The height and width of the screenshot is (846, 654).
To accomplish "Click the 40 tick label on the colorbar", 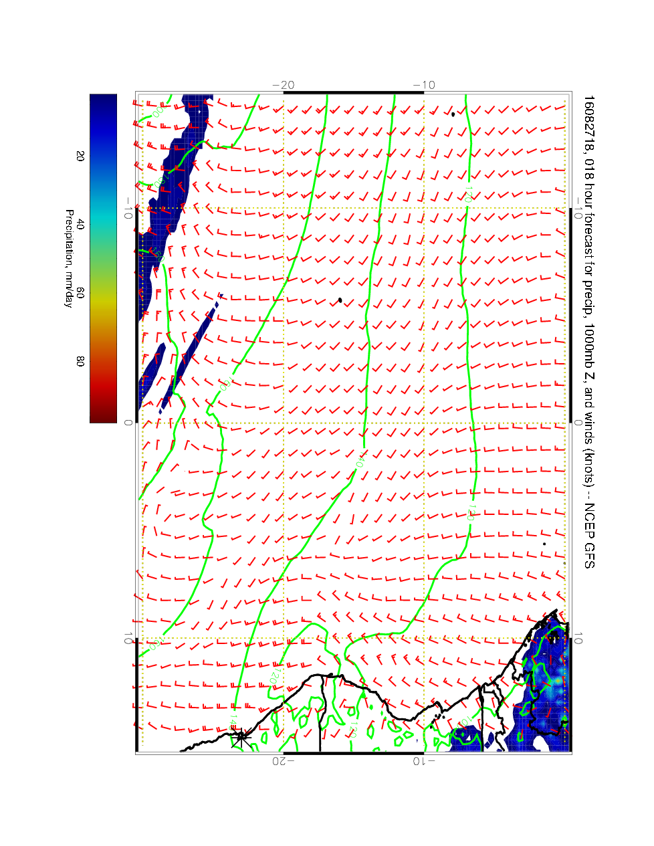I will [80, 224].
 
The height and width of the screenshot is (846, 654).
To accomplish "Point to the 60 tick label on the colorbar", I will [80, 292].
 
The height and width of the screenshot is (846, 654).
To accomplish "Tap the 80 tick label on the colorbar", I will [80, 360].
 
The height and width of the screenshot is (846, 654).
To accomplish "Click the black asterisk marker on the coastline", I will [241, 738].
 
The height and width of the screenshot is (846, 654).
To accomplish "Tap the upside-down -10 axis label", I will [424, 760].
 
